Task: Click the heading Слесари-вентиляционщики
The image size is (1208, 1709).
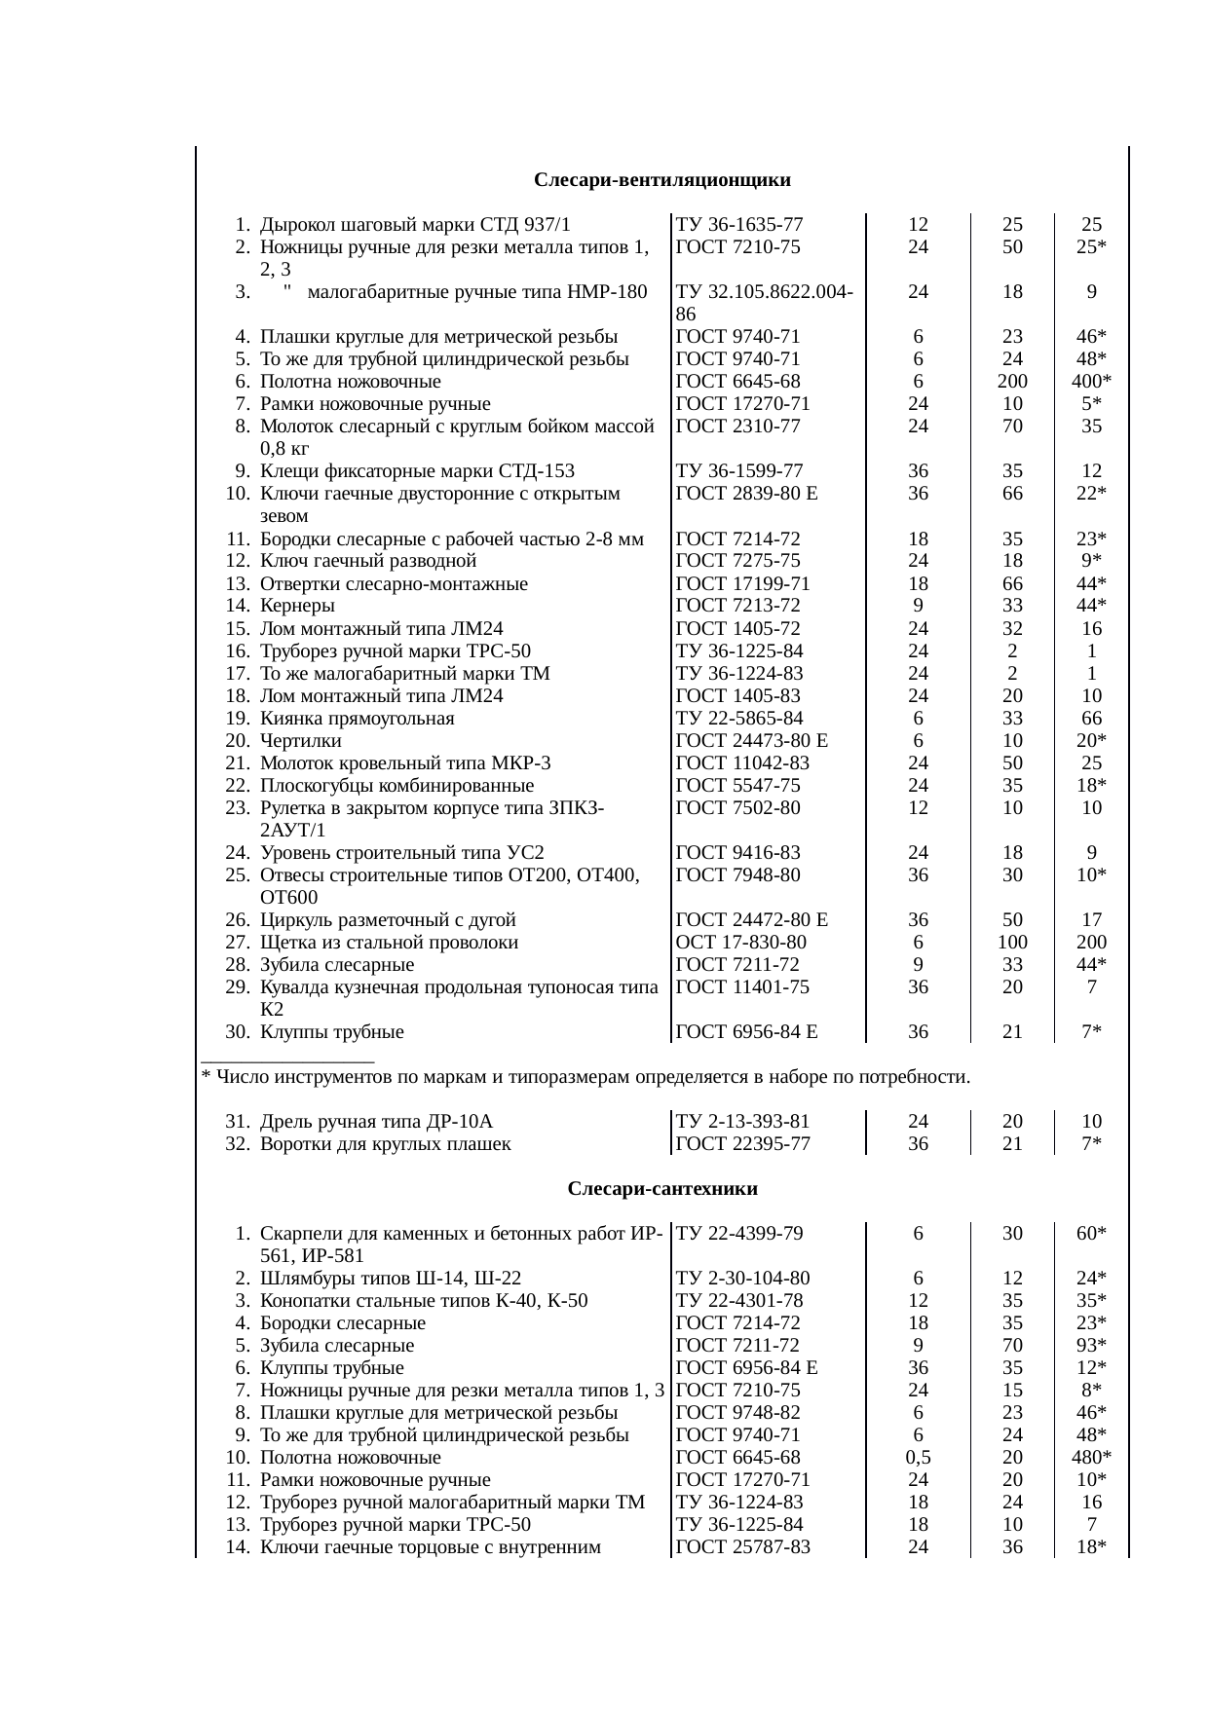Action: pos(661,180)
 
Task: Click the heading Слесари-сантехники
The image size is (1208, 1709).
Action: pos(662,1189)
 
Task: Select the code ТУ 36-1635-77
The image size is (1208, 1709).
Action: pos(739,225)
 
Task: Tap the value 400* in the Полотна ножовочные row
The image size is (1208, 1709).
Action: pos(1092,382)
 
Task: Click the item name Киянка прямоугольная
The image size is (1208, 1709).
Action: pos(357,719)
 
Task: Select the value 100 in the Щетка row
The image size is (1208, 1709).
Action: pos(1012,943)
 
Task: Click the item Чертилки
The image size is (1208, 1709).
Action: pos(300,741)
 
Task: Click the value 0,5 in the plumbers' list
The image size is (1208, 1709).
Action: pos(918,1458)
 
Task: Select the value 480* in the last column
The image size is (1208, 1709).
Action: pos(1092,1458)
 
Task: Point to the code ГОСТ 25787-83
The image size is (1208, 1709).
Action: pos(742,1547)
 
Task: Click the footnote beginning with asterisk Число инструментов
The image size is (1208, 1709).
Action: pos(585,1077)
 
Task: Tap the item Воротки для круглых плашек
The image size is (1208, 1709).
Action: pos(385,1144)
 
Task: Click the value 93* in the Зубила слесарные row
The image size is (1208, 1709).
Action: pos(1092,1346)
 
